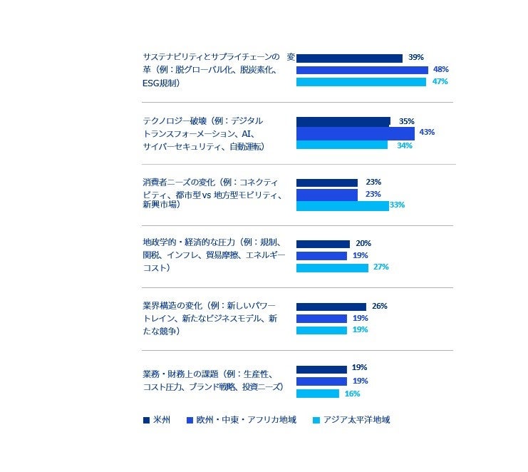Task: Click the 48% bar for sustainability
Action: (362, 70)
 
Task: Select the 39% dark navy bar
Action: (349, 58)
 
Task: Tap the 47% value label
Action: (440, 82)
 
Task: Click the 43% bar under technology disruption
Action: (355, 133)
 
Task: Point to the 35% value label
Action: (407, 121)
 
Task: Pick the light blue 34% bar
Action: (341, 145)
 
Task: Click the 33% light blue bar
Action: (342, 206)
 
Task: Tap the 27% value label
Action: (381, 267)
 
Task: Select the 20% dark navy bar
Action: (323, 244)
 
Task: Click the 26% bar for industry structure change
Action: (331, 307)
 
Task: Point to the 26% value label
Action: (380, 306)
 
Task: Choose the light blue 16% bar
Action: (317, 394)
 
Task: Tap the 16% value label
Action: (352, 394)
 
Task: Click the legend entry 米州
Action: (161, 420)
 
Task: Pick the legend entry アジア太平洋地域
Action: (356, 420)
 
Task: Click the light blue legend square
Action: (316, 421)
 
